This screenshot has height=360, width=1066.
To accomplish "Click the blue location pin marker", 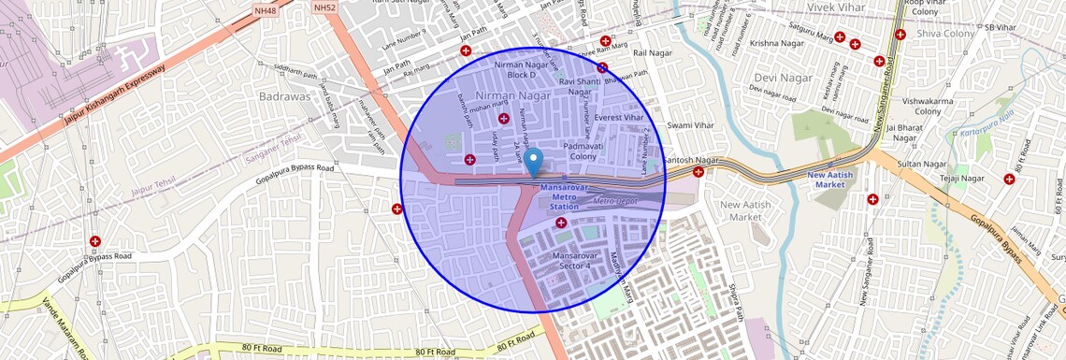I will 533,162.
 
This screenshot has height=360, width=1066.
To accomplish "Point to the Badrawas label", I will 285,95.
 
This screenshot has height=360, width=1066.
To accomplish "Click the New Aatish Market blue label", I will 830,180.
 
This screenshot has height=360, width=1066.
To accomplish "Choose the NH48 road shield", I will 266,9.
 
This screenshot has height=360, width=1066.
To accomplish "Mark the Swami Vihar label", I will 690,124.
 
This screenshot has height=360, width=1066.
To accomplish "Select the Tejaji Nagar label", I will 962,178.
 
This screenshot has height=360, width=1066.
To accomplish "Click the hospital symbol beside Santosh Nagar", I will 698,172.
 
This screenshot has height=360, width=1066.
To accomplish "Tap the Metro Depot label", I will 615,201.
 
